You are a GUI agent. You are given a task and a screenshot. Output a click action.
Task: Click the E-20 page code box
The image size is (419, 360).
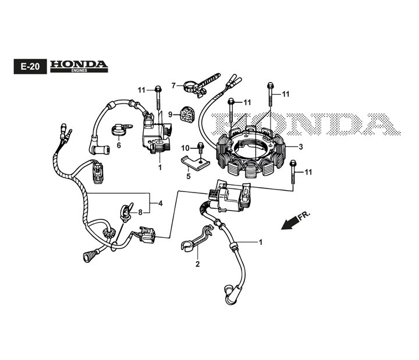point(30,66)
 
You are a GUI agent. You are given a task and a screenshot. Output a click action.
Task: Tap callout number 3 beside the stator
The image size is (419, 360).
point(301,147)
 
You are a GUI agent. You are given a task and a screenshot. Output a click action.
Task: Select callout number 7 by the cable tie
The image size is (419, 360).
point(173,85)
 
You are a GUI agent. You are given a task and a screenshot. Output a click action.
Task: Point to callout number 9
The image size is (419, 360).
point(170,115)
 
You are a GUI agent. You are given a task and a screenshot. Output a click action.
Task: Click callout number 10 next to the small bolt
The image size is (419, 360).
point(185,148)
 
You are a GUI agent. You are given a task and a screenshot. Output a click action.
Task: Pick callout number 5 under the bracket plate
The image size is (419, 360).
point(189,176)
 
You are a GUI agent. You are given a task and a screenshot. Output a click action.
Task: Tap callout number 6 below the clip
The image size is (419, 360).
point(119,145)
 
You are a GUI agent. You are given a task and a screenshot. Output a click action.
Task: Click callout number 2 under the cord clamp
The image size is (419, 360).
point(197,264)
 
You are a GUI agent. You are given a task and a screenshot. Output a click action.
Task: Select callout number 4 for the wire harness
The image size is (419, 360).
point(161,204)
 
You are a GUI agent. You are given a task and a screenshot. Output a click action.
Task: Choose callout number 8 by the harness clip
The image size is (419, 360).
point(140,213)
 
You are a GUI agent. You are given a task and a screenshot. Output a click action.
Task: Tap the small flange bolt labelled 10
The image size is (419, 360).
point(201,148)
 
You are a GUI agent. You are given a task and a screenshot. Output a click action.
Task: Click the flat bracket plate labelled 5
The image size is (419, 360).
point(196,162)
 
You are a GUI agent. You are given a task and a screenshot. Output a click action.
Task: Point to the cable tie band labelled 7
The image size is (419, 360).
point(202,85)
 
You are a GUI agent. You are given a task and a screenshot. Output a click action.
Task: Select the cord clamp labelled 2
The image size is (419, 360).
point(197,237)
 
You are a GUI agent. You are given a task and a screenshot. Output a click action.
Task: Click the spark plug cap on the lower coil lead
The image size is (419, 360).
point(230,295)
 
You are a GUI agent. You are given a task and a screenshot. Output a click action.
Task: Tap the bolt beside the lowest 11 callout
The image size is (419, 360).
point(293,172)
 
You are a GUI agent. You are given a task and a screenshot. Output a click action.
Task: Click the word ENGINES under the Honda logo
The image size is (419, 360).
point(79,70)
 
